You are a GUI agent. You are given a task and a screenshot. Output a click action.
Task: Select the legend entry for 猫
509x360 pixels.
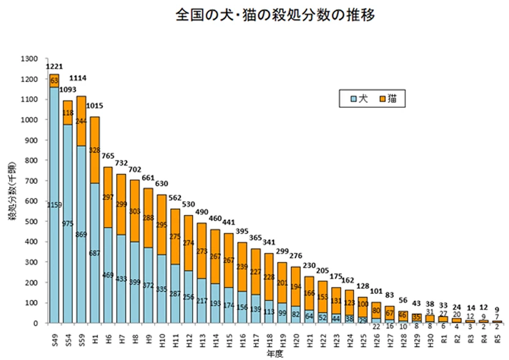click(388, 97)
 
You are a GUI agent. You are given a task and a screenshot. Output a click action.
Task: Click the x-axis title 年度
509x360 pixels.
click(274, 353)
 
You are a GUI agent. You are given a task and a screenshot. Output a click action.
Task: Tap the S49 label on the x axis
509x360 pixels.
click(54, 334)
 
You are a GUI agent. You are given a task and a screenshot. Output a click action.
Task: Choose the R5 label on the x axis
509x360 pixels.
click(499, 334)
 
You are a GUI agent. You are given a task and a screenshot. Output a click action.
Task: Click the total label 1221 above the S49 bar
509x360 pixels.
click(54, 66)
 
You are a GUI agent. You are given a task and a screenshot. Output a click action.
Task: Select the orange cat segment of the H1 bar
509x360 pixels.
click(94, 149)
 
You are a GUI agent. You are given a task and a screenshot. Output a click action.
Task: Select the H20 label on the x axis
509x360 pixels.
click(297, 335)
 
